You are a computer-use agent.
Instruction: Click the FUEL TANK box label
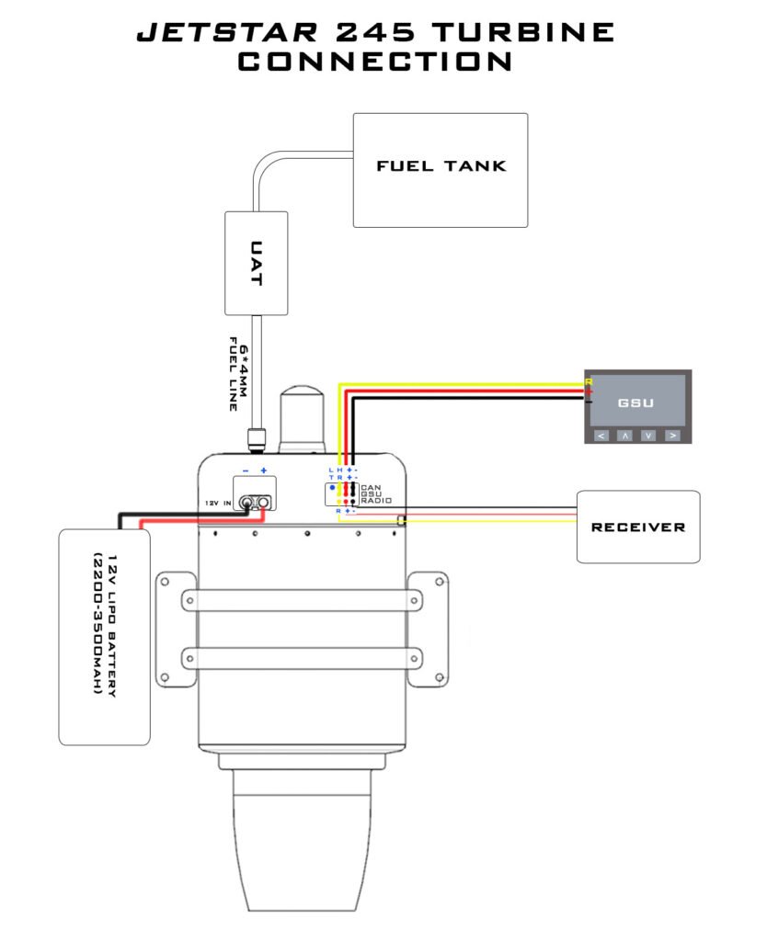click(x=441, y=166)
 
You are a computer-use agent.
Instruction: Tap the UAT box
click(x=256, y=263)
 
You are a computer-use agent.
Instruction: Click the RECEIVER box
click(x=637, y=527)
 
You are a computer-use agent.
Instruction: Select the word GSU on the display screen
click(x=636, y=402)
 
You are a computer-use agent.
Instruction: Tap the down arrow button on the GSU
click(x=648, y=435)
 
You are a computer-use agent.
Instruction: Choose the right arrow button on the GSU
click(x=673, y=435)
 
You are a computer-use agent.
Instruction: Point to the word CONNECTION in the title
click(x=375, y=62)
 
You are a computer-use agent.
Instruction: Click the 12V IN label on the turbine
click(x=218, y=503)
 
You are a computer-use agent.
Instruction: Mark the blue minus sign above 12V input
click(x=245, y=470)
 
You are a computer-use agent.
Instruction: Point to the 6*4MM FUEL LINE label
click(x=239, y=378)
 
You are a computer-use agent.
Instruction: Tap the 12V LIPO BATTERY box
click(x=104, y=636)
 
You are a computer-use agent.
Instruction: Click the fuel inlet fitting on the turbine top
click(x=256, y=439)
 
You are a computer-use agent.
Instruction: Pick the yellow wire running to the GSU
click(x=460, y=382)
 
